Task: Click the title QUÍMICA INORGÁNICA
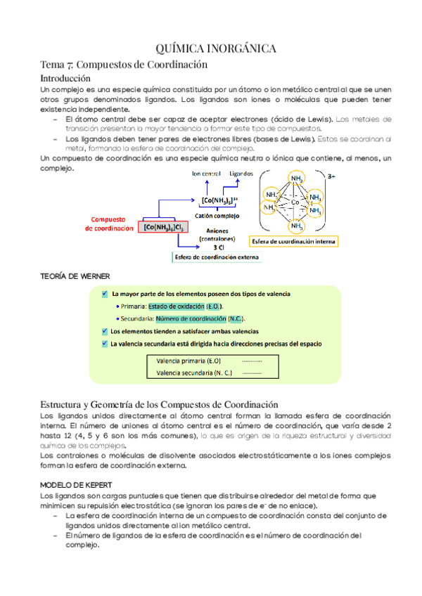point(210,48)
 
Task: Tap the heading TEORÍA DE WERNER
point(75,276)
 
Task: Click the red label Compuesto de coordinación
point(109,223)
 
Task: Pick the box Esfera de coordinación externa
point(217,257)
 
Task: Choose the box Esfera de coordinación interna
point(294,241)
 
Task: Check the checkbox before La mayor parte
point(105,293)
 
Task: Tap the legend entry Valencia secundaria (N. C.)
point(185,373)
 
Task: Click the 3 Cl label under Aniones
point(221,247)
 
